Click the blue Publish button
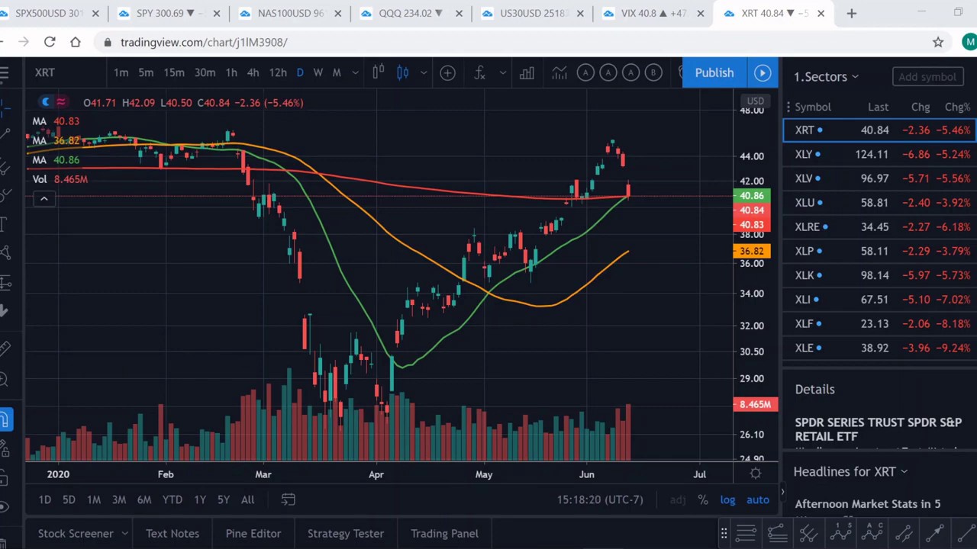pos(714,72)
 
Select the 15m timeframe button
pos(174,72)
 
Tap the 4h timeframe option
pos(253,72)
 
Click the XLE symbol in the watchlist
pos(804,348)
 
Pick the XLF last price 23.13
pos(874,324)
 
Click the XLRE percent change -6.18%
pos(956,226)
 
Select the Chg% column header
pos(957,108)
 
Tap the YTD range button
pos(172,499)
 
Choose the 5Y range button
pos(223,499)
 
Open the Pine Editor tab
pos(253,534)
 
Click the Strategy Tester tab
pos(345,534)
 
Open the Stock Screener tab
pos(76,534)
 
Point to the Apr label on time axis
pos(376,474)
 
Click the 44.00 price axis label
pos(751,156)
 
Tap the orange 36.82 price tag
pos(751,251)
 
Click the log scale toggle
pos(727,500)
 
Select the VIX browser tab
pos(653,13)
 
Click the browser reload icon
pos(50,42)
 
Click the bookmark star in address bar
pos(938,43)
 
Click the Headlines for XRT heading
pos(844,471)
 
